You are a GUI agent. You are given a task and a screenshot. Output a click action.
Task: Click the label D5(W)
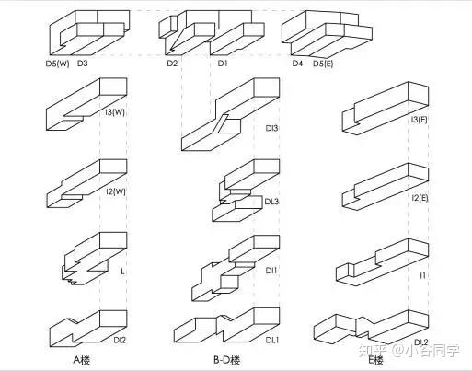(58, 64)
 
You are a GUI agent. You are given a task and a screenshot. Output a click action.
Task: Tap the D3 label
(82, 64)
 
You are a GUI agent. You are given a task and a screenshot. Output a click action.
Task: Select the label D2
(172, 64)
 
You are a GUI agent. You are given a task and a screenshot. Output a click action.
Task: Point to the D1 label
(223, 64)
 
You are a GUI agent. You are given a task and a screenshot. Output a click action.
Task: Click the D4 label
(297, 64)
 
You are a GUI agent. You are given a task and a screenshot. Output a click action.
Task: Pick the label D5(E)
(323, 64)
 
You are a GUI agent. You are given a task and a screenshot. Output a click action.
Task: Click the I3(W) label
(115, 112)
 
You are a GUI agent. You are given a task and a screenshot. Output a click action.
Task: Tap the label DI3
(271, 128)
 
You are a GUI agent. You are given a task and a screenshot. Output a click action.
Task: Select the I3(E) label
(420, 120)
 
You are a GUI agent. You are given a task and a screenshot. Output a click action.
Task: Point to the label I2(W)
(116, 191)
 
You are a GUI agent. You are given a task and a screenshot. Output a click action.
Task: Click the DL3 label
(271, 202)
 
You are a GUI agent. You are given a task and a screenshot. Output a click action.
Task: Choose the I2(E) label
(420, 198)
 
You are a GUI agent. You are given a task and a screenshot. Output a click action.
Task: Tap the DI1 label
(271, 271)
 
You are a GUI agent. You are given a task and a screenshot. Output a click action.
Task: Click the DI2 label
(120, 340)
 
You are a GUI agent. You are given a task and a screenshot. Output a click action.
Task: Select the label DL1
(272, 340)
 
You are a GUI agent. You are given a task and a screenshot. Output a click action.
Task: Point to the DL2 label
(421, 342)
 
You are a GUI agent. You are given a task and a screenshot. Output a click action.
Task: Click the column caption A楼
(82, 360)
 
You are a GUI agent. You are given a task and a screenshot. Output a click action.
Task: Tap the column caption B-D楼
(227, 360)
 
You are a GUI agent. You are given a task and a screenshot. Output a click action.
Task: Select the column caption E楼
(376, 360)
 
